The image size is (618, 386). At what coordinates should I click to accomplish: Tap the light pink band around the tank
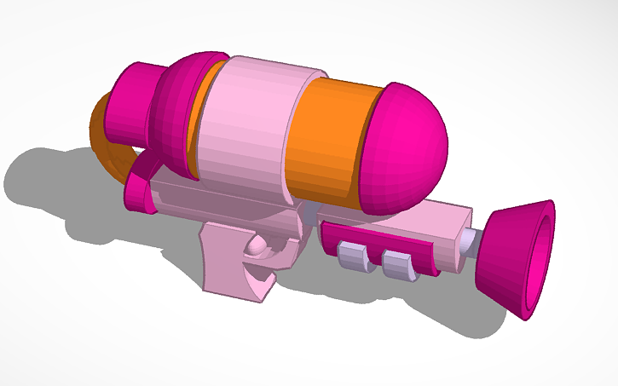click(x=247, y=128)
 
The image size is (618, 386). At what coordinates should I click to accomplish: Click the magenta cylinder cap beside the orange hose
click(x=135, y=102)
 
